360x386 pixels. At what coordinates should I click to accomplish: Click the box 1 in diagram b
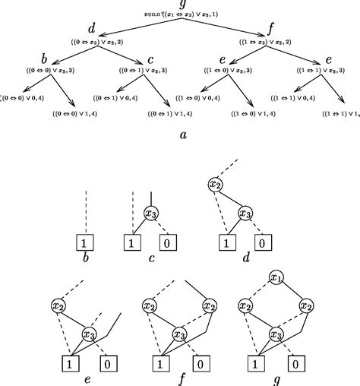pos(87,243)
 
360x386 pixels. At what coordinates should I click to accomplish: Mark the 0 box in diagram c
pos(169,243)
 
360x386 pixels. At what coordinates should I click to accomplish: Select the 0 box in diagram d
pos(260,243)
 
